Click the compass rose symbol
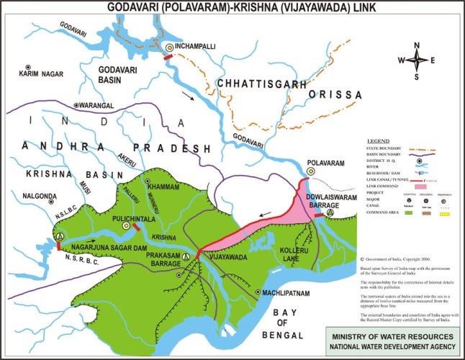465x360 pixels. (417, 61)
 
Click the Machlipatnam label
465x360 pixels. (284, 291)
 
